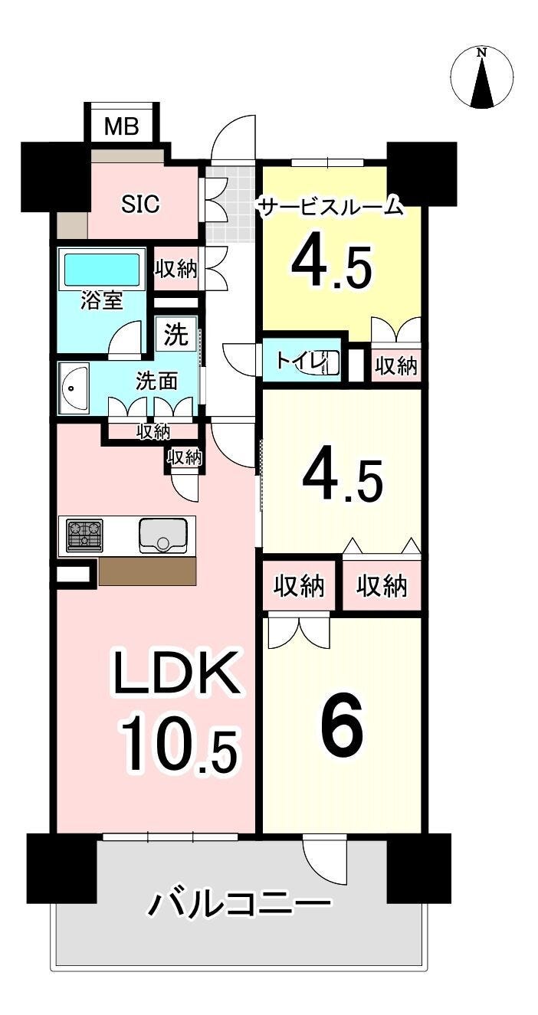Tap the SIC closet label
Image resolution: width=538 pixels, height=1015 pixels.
(140, 204)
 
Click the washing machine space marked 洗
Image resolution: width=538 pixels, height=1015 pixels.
(176, 335)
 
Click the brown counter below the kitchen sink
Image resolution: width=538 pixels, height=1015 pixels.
(147, 571)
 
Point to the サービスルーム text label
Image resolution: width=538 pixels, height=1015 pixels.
(330, 207)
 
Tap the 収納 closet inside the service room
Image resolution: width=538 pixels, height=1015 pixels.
(396, 365)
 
